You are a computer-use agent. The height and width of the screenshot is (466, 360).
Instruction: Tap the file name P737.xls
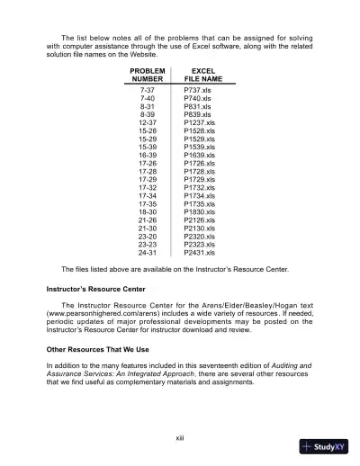coord(196,92)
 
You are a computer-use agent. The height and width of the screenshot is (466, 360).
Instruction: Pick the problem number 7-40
coord(147,100)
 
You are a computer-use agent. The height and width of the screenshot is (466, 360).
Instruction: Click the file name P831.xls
coord(196,107)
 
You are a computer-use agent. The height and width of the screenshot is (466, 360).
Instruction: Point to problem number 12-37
coord(147,122)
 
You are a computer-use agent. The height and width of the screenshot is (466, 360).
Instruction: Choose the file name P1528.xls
coord(198,130)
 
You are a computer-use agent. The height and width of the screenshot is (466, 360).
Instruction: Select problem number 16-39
coord(147,155)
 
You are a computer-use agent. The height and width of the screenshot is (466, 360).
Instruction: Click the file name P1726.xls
coord(198,163)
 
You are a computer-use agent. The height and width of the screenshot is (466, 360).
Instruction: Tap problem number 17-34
coord(147,195)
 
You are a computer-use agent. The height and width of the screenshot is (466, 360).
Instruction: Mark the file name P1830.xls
coord(198,211)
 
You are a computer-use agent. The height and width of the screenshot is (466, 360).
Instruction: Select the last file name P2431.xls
coord(198,253)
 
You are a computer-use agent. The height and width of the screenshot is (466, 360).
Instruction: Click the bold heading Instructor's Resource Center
coord(97,291)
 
